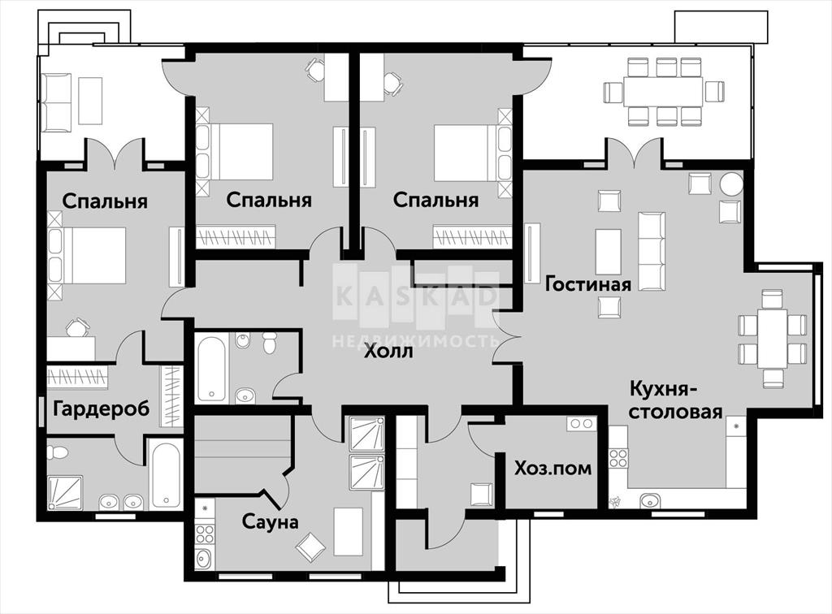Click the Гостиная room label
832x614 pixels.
[x=588, y=284]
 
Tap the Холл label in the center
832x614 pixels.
[x=388, y=351]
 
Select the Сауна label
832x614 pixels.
[x=270, y=521]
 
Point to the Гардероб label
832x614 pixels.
[x=102, y=409]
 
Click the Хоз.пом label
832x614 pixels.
[x=552, y=468]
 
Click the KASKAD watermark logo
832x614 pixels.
[x=415, y=296]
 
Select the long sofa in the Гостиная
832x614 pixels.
[x=652, y=251]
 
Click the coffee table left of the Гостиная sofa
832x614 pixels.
[x=609, y=251]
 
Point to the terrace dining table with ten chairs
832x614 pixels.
[x=663, y=92]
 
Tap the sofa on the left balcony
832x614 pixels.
[x=57, y=102]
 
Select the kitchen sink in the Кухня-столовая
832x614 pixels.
[x=650, y=499]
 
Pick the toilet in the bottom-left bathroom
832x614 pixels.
[x=57, y=452]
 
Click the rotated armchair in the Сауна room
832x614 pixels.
[x=311, y=547]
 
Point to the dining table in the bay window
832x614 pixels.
[x=772, y=339]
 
